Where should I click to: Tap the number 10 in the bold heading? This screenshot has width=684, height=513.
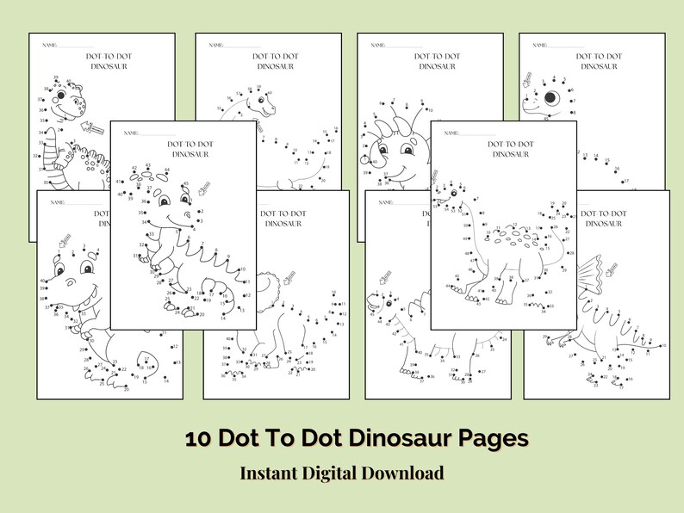198,438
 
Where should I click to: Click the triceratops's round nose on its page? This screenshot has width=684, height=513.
372,161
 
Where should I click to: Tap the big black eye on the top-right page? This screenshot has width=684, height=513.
550,97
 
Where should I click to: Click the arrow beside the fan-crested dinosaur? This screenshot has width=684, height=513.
613,270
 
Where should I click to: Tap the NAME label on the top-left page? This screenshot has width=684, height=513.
48,44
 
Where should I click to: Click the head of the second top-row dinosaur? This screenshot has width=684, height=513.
262,100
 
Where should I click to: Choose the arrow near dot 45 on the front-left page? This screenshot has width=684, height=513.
203,189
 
